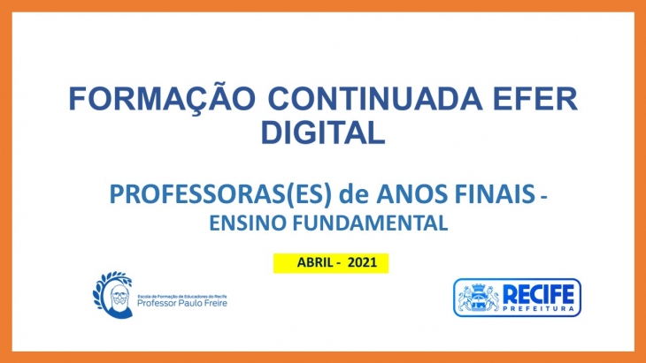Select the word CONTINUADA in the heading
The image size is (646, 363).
coord(375,99)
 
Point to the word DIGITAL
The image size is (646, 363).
coord(323,132)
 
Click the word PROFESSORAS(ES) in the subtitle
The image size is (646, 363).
coord(220,194)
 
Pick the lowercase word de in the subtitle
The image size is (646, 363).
coord(353,194)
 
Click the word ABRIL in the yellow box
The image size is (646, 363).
coord(315,262)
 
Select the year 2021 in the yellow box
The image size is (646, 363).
coord(362,262)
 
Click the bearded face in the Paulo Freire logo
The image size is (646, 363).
coord(119,297)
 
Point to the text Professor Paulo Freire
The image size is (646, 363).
coord(181,304)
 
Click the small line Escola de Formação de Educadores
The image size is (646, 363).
coord(181,296)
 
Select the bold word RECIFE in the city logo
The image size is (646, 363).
coord(538,294)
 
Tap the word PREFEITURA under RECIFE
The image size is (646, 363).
coord(539,309)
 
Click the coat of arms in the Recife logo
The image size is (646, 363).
coord(479,298)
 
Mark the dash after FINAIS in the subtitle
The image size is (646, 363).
coord(544,198)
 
